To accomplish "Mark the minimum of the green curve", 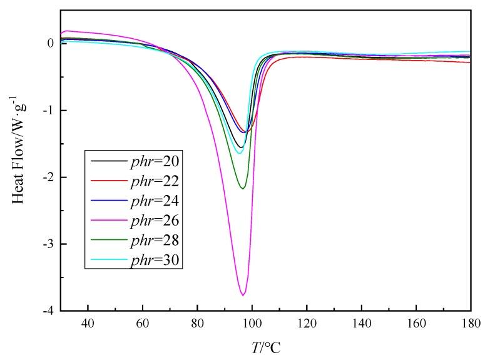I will tap(243, 188).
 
